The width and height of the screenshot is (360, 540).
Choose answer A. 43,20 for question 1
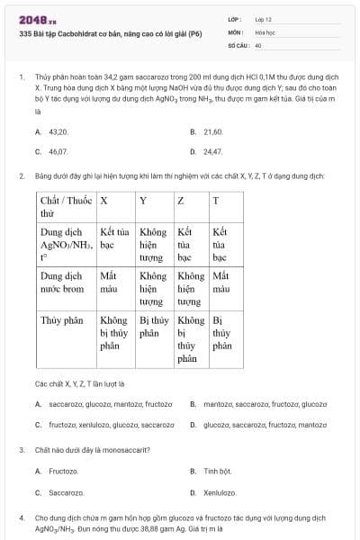52,131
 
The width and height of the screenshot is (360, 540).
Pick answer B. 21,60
207,131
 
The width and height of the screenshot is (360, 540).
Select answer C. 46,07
52,152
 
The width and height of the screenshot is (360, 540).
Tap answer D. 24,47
207,152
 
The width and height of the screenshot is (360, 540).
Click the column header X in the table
104,200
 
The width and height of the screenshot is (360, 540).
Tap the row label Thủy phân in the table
60,319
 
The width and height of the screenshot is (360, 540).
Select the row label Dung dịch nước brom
63,282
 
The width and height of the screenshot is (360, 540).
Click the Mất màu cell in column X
109,282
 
